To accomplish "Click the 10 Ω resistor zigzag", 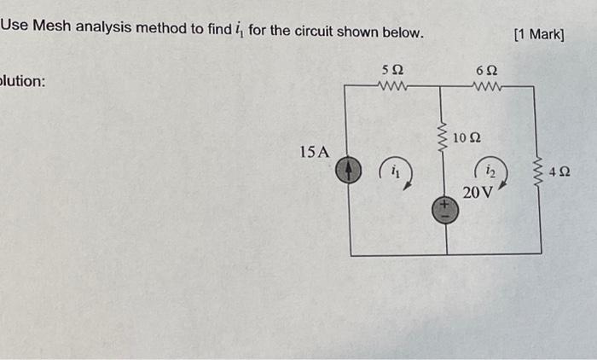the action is [x=443, y=136].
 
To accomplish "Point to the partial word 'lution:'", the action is [x=23, y=82].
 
